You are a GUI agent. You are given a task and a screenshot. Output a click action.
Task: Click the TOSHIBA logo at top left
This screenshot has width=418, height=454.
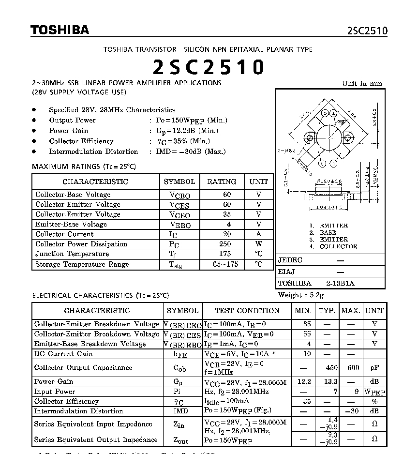point(60,30)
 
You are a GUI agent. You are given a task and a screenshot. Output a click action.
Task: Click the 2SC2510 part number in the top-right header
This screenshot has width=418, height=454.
point(367,31)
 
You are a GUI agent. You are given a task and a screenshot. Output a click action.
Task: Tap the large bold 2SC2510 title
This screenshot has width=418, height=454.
point(209,67)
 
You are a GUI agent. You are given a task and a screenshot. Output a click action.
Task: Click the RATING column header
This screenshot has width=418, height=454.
point(222,182)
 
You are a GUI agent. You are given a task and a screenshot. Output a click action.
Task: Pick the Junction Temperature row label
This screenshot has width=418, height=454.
point(72,254)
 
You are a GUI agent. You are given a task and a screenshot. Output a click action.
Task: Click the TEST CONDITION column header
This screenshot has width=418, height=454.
point(247,310)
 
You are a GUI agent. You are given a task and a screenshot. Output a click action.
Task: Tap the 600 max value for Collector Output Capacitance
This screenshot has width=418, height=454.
point(353,367)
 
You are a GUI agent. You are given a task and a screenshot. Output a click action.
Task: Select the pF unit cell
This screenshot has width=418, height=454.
point(374,367)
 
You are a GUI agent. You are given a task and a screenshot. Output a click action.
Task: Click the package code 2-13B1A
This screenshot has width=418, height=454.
point(340,283)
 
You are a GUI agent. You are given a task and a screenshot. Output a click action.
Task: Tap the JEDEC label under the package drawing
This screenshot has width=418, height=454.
point(290,260)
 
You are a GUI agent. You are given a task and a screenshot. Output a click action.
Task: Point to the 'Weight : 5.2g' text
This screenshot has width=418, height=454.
point(301,295)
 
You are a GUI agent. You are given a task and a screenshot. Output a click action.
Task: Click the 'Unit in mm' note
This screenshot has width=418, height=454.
point(362,83)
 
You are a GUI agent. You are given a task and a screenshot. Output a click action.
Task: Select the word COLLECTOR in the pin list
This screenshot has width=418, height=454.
point(339,246)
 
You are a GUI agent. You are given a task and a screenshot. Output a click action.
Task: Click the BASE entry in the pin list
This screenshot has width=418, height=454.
point(328,232)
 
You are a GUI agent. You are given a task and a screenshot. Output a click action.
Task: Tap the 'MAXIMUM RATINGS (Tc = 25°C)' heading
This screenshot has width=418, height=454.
point(84,166)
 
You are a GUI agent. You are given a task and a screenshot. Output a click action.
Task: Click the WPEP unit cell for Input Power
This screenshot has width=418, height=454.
point(374,392)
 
